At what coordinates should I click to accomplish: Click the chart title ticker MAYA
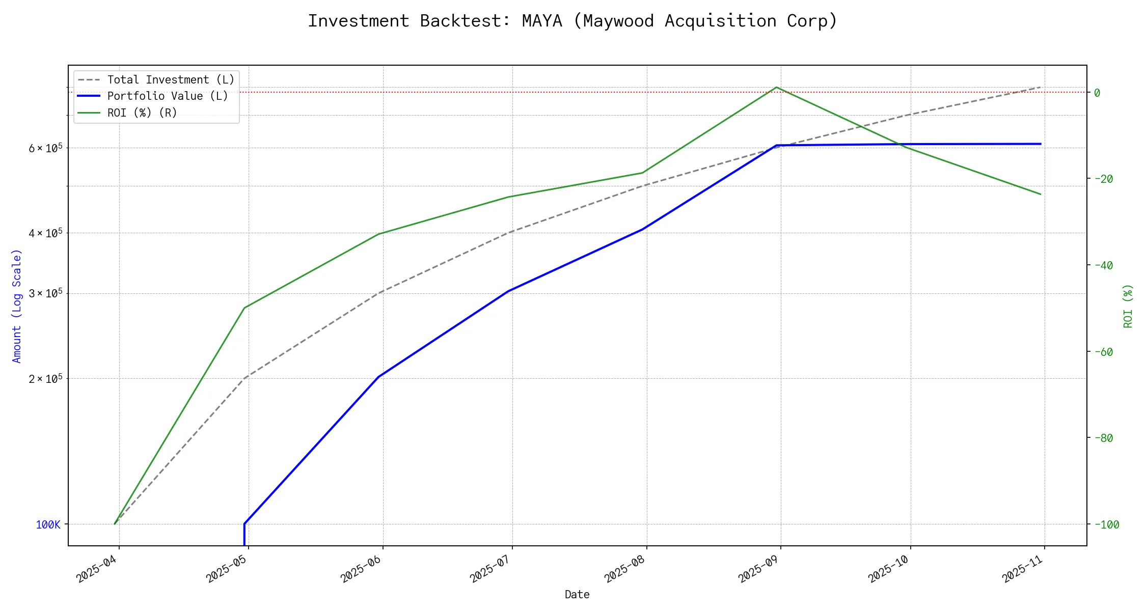pyautogui.click(x=542, y=21)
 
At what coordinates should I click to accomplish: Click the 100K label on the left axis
pyautogui.click(x=48, y=524)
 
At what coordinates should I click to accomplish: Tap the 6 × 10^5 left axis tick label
pyautogui.click(x=45, y=148)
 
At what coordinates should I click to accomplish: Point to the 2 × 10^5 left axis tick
pyautogui.click(x=45, y=379)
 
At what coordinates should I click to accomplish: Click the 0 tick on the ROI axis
pyautogui.click(x=1097, y=93)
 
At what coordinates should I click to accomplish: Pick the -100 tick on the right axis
pyautogui.click(x=1106, y=524)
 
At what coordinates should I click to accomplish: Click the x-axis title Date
pyautogui.click(x=577, y=595)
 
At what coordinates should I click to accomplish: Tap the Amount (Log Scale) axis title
pyautogui.click(x=17, y=306)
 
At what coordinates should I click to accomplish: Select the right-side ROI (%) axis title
pyautogui.click(x=1128, y=306)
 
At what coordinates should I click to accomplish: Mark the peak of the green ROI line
pyautogui.click(x=776, y=87)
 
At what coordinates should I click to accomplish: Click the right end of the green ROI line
pyautogui.click(x=1041, y=195)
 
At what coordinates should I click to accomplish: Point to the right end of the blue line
pyautogui.click(x=1041, y=144)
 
